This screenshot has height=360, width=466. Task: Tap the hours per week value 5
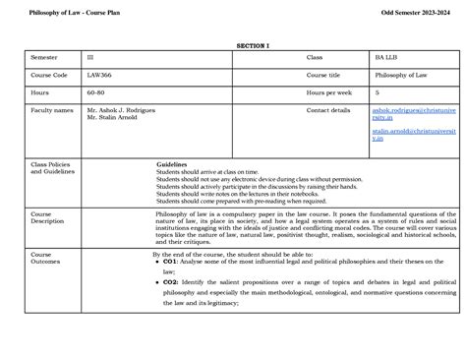pos(377,92)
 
